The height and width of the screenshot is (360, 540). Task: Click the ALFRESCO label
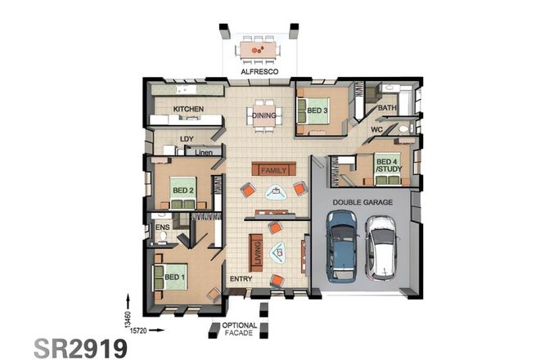pyautogui.click(x=260, y=72)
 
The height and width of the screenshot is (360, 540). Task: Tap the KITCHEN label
pyautogui.click(x=188, y=109)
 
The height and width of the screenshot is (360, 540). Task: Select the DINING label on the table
pyautogui.click(x=263, y=115)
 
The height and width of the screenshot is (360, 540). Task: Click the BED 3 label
pyautogui.click(x=317, y=110)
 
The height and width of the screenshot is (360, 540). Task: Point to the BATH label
pyautogui.click(x=387, y=107)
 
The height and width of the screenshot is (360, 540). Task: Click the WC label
pyautogui.click(x=377, y=129)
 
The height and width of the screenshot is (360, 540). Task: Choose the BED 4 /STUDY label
pyautogui.click(x=386, y=166)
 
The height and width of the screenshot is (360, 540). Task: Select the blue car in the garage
pyautogui.click(x=341, y=243)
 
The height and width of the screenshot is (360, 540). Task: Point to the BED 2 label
pyautogui.click(x=182, y=191)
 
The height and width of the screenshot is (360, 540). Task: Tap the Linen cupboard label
pyautogui.click(x=204, y=152)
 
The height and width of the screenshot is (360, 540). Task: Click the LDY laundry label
pyautogui.click(x=187, y=139)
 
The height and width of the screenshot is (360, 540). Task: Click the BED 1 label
pyautogui.click(x=174, y=277)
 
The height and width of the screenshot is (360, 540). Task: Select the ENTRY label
pyautogui.click(x=241, y=279)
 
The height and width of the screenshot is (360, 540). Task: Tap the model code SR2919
pyautogui.click(x=80, y=347)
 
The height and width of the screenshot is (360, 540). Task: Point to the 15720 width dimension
pyautogui.click(x=137, y=330)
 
